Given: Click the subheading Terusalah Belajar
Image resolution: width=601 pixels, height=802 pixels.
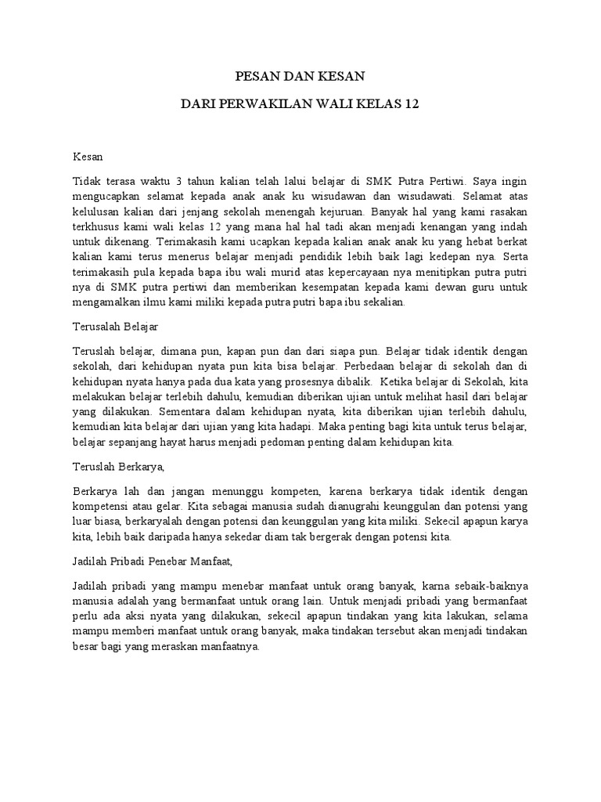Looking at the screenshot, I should [116, 323].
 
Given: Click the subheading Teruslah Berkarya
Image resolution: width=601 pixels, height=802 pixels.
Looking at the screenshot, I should [117, 467].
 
